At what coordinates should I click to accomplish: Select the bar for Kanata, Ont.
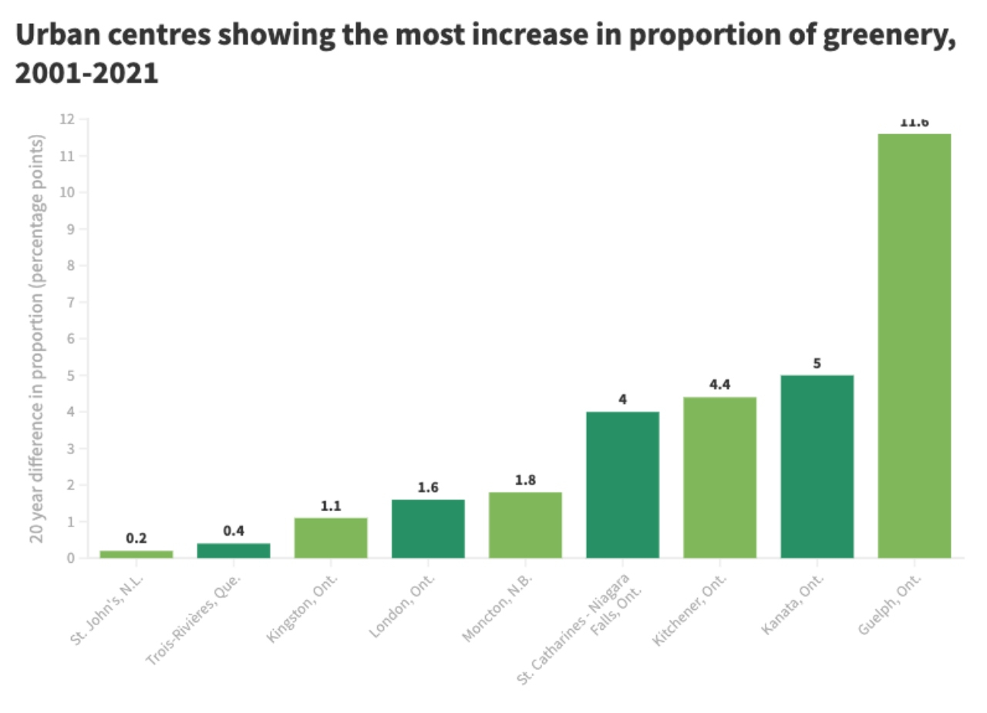pyautogui.click(x=817, y=466)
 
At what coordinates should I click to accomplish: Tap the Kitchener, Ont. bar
pyautogui.click(x=719, y=477)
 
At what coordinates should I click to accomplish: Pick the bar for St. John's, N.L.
pyautogui.click(x=136, y=553)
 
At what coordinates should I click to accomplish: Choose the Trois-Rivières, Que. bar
pyautogui.click(x=234, y=550)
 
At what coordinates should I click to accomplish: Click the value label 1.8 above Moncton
pyautogui.click(x=525, y=480)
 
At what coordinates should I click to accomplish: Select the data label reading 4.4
pyautogui.click(x=719, y=385)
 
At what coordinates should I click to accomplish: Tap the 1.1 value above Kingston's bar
pyautogui.click(x=331, y=506)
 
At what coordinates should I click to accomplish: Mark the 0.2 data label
pyautogui.click(x=136, y=538)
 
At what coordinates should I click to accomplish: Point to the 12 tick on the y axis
pyautogui.click(x=67, y=119)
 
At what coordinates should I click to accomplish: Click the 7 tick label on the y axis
pyautogui.click(x=70, y=302)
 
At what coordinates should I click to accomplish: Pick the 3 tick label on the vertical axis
pyautogui.click(x=70, y=449)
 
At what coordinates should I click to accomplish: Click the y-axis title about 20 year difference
pyautogui.click(x=36, y=339)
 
